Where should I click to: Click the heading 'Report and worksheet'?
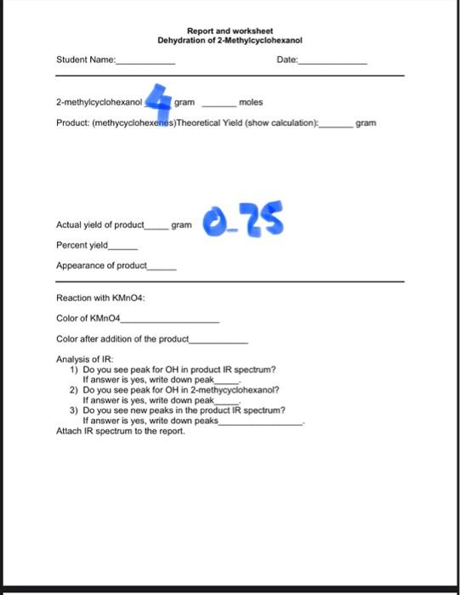pos(230,31)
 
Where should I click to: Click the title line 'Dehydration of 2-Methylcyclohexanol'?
pos(230,40)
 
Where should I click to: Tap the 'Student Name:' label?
pos(85,59)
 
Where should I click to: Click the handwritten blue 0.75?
pos(243,220)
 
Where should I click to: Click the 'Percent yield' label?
pos(82,245)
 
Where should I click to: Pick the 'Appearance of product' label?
pos(101,265)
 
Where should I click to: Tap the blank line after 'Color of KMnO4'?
pos(170,320)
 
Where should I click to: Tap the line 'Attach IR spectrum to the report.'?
pos(120,430)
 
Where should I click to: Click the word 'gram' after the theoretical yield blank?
pos(366,123)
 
